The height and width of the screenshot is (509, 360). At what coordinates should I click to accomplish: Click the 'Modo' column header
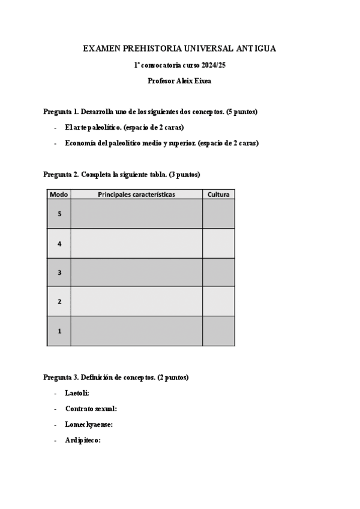point(59,194)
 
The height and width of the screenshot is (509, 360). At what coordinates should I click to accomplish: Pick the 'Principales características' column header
point(136,194)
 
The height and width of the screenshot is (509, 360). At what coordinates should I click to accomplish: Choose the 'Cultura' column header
point(218,194)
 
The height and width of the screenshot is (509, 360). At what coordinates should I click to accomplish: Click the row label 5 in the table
point(59,214)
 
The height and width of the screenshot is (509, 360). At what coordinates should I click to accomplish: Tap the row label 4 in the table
point(59,244)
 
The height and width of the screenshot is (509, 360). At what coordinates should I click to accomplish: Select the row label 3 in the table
point(59,273)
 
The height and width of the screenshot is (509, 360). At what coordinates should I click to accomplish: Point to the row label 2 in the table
point(59,301)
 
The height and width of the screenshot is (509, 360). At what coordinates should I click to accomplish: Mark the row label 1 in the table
point(59,331)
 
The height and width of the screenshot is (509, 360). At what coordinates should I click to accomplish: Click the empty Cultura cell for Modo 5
point(218,214)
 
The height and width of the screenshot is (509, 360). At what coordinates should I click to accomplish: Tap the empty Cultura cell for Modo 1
point(218,331)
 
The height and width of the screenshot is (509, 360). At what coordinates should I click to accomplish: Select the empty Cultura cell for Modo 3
point(218,273)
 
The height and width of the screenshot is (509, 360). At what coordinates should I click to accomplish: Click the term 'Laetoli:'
point(77,393)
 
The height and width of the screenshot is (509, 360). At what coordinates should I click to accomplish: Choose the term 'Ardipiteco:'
point(83,440)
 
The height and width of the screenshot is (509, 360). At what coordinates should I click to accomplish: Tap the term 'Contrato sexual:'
point(91,408)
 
